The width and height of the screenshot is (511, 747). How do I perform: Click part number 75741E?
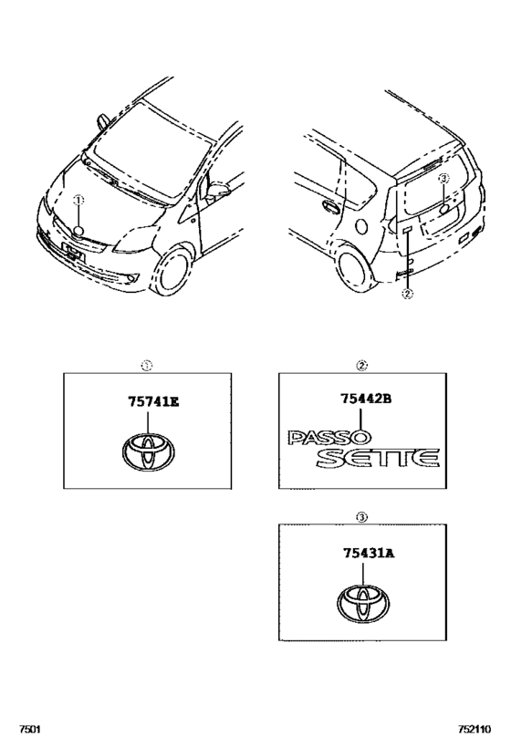point(153,402)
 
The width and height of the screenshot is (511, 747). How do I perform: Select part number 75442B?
point(366,399)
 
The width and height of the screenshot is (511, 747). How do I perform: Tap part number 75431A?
point(369,553)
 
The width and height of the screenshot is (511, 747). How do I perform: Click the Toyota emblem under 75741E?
point(148,451)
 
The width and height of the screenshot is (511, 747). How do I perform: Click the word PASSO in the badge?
point(328,437)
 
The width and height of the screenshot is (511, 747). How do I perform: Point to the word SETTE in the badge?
point(377,457)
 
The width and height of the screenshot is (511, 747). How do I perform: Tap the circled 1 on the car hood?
point(78,200)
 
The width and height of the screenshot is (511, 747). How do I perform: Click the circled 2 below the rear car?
point(407,294)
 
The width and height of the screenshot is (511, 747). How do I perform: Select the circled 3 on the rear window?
point(443,178)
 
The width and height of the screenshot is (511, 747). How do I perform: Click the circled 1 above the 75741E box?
point(147,366)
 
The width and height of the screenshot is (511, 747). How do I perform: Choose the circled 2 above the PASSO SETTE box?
point(361,366)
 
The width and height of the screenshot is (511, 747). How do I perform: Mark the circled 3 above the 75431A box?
point(361,517)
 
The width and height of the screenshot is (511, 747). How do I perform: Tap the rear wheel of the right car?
point(355,271)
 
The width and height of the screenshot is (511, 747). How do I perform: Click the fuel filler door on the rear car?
point(361,226)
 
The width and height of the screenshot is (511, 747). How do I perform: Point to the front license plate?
point(73,253)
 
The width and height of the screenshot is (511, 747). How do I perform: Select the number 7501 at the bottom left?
point(29,730)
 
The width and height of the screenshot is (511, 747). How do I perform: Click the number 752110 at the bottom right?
point(474,730)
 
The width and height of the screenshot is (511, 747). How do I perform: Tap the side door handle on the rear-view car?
point(330,206)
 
